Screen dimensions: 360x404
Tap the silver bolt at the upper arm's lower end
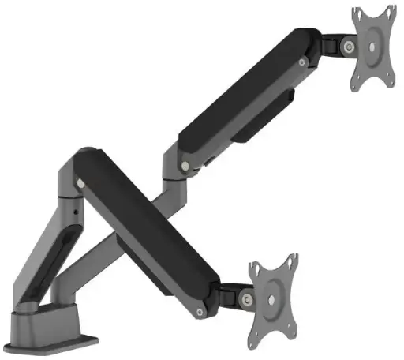point(184,167)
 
